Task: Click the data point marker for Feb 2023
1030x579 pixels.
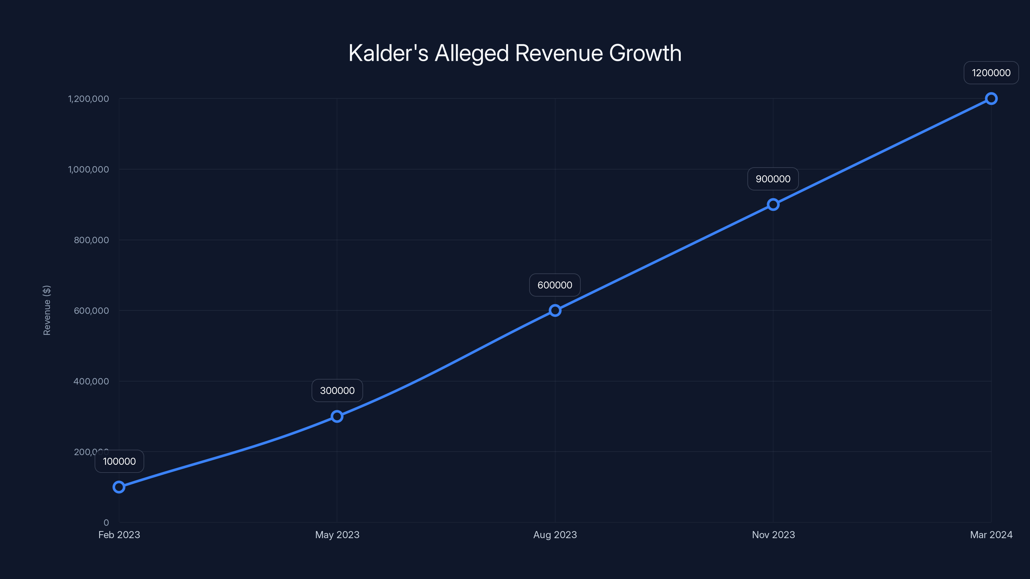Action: (119, 487)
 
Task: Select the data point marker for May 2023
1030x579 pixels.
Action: (337, 416)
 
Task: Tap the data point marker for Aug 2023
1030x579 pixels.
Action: (555, 310)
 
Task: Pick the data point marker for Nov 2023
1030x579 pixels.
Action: (773, 205)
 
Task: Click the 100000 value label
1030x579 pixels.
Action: (119, 462)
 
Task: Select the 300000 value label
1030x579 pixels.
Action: (337, 391)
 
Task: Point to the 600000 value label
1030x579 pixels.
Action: (555, 285)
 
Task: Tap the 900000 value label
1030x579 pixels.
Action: (773, 179)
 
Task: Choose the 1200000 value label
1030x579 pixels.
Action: (991, 73)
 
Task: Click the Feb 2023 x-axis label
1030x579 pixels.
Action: (119, 535)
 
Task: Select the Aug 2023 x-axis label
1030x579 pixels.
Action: (555, 535)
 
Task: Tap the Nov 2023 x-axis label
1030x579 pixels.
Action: (773, 535)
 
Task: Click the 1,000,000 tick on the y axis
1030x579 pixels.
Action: (89, 170)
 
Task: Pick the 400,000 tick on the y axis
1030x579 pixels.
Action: (91, 381)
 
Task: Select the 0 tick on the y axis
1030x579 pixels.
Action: (106, 523)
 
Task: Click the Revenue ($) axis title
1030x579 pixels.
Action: (47, 310)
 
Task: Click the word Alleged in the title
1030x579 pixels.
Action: (472, 53)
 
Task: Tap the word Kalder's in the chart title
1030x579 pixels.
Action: (388, 53)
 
